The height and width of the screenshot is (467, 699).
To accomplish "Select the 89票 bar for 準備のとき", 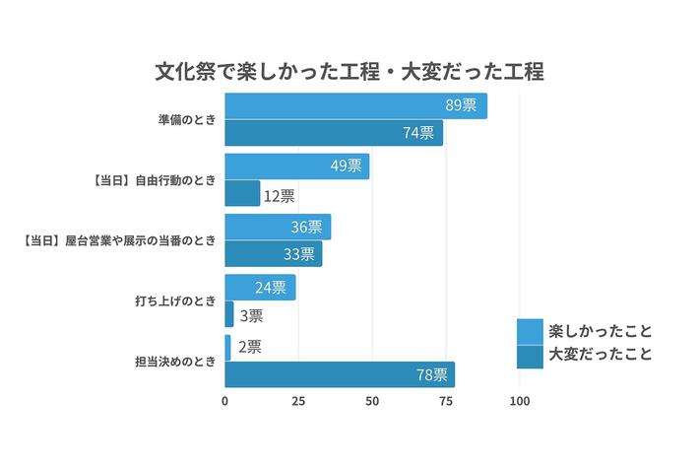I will [x=355, y=106].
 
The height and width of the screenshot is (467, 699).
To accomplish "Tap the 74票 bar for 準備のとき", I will [x=333, y=133].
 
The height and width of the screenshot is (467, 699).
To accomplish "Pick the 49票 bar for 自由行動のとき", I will [x=296, y=167].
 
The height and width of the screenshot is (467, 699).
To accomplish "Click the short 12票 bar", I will [x=242, y=193].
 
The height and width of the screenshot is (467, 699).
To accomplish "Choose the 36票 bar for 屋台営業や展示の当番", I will [x=278, y=228].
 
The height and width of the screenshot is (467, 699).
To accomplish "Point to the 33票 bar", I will [x=273, y=254].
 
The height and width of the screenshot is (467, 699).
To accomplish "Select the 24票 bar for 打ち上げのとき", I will [x=260, y=288].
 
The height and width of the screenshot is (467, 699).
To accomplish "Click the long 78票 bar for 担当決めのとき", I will [x=340, y=374].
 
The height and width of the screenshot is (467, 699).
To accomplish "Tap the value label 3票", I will [x=251, y=315].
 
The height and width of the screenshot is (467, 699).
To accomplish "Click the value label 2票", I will [x=249, y=347].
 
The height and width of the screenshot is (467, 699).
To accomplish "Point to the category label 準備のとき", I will [x=186, y=120].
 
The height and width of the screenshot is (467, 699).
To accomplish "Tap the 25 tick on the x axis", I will [x=298, y=402].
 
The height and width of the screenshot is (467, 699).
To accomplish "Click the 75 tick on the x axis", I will [x=446, y=402].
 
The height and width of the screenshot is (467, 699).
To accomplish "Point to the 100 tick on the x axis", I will [x=520, y=402].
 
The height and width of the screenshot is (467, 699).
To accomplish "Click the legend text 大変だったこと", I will [x=601, y=356].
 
